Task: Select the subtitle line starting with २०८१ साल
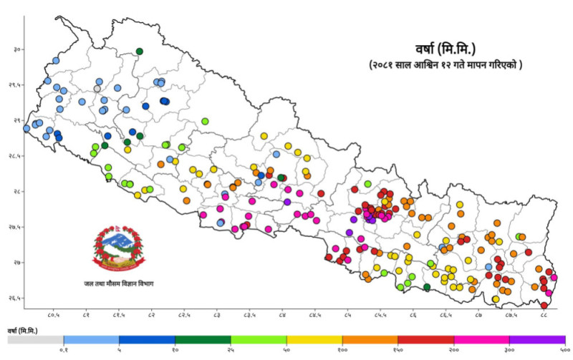[446, 65]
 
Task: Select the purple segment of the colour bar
[537, 339]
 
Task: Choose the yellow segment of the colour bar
[314, 339]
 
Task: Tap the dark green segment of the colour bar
[203, 339]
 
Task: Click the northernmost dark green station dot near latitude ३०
[139, 51]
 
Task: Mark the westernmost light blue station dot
[27, 129]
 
